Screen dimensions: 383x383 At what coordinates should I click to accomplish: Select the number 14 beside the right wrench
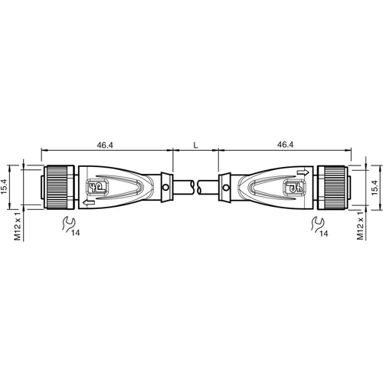[326, 232]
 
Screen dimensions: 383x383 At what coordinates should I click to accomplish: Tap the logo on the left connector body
[97, 186]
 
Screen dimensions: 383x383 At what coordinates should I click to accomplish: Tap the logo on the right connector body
[291, 186]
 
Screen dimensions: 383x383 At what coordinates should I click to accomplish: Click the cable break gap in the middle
[196, 185]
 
